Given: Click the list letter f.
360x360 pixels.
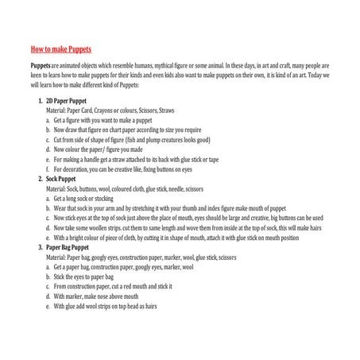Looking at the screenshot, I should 48,169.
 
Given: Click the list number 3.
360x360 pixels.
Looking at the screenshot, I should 40,247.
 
